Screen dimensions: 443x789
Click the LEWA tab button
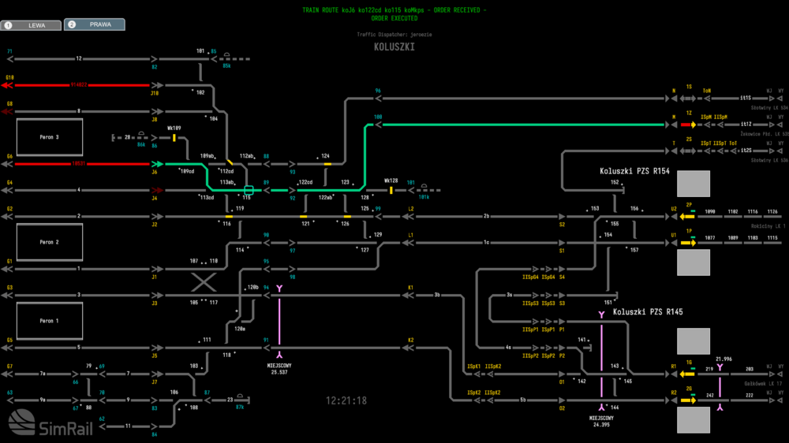coord(32,25)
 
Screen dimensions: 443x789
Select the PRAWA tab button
coord(95,24)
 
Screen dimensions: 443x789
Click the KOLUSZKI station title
coord(394,47)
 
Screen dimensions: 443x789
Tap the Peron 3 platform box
coord(50,137)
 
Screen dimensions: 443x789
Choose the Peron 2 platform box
coord(50,242)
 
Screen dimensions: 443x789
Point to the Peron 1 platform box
coord(50,321)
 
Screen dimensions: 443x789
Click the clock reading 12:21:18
coord(346,400)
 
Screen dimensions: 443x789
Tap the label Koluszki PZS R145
coord(647,312)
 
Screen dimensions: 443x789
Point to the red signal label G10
coord(9,77)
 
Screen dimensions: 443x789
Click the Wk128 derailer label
coord(391,181)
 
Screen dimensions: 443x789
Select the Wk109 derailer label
coord(174,128)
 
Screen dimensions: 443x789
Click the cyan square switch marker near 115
coord(249,190)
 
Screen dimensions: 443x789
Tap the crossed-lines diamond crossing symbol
coord(204,282)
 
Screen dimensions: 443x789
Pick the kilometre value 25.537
coord(279,372)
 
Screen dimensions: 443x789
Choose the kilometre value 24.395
coord(601,424)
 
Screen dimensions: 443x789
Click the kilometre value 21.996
coord(724,359)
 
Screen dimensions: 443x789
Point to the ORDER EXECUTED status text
coord(394,17)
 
